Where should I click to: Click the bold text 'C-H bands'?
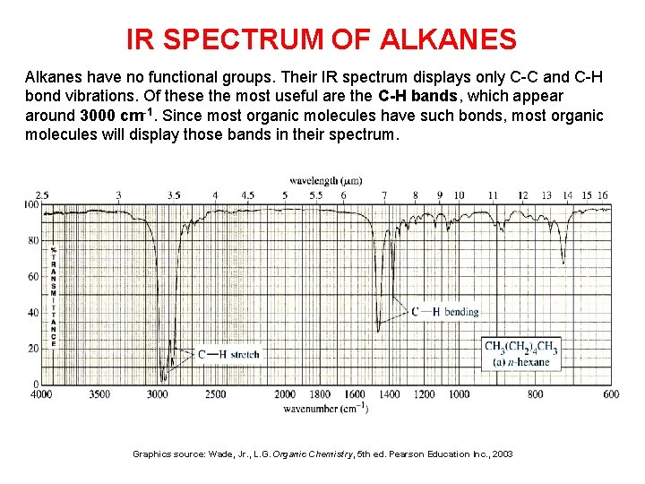[x=417, y=96]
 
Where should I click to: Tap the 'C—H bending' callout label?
[x=445, y=311]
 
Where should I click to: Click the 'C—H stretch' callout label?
[x=229, y=354]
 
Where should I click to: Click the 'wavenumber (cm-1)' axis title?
[x=325, y=409]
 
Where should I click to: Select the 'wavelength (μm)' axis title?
[x=325, y=181]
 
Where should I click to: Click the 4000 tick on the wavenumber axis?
[x=41, y=394]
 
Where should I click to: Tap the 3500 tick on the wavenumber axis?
[x=99, y=394]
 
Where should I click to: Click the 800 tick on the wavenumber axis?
[x=535, y=394]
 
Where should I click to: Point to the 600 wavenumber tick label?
[x=611, y=394]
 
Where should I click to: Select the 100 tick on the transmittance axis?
[x=31, y=204]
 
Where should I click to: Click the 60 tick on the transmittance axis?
[x=33, y=276]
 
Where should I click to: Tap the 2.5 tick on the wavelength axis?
[x=42, y=194]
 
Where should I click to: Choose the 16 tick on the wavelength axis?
[x=603, y=194]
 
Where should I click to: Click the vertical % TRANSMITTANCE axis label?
[x=53, y=296]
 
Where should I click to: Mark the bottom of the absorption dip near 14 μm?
[x=563, y=264]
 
